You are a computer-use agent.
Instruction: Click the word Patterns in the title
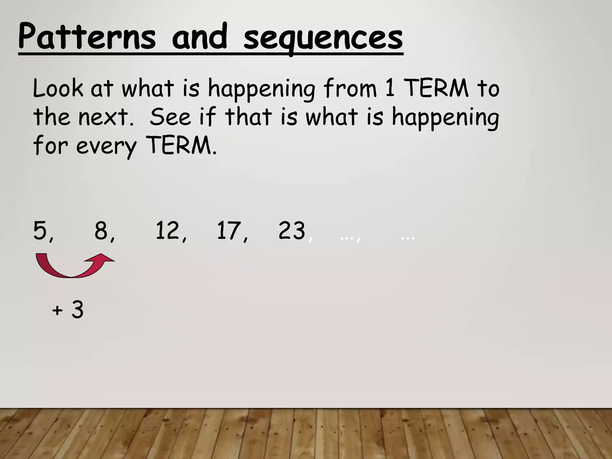click(x=87, y=38)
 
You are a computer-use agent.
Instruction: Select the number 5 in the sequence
click(x=40, y=231)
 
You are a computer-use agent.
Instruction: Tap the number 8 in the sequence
click(x=101, y=231)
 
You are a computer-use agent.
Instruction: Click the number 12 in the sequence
click(x=168, y=231)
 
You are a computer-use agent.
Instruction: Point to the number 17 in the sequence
click(x=229, y=231)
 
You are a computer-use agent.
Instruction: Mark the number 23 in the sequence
click(x=292, y=231)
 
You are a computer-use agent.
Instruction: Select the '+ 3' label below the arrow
click(x=68, y=310)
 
